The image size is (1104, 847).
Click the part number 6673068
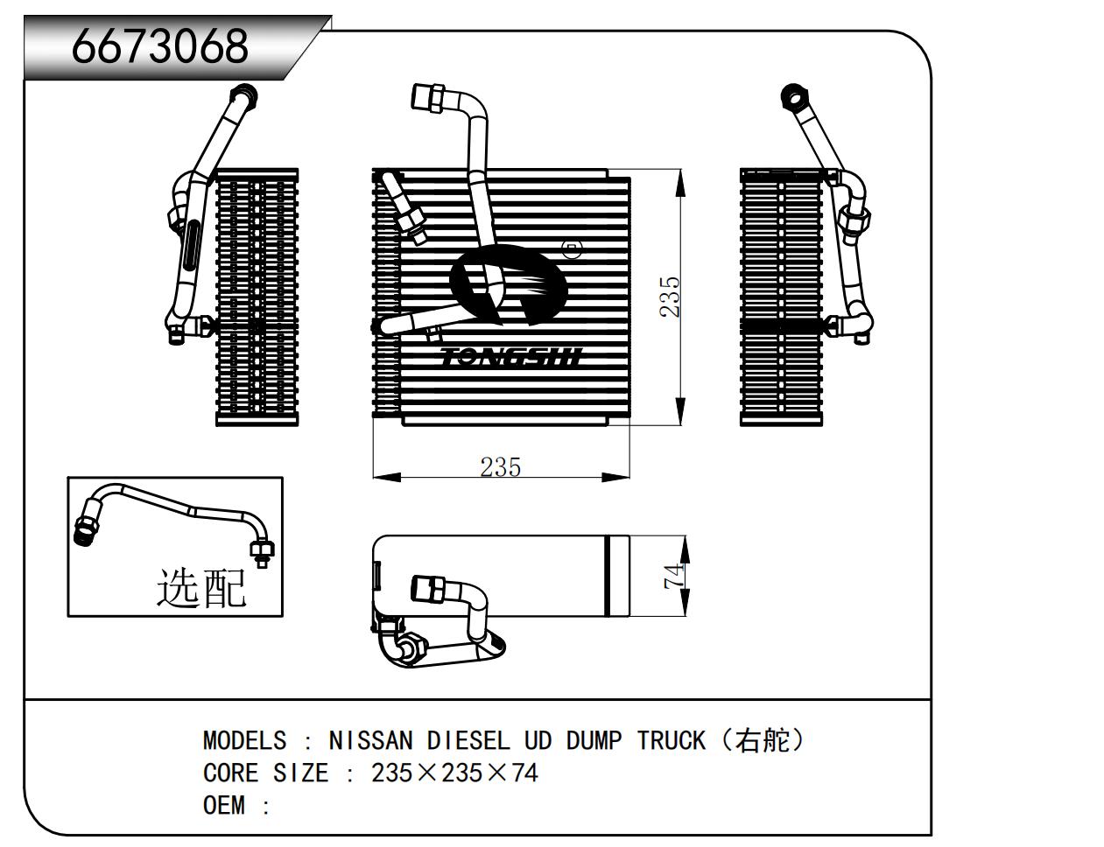coord(160,46)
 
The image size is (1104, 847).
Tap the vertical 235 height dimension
coord(670,297)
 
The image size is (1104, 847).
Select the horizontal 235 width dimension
coord(500,467)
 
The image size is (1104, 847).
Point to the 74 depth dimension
coord(674,576)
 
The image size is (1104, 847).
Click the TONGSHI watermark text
coord(510,357)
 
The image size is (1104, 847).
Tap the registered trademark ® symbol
coord(572,251)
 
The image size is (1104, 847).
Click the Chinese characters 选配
coord(201,587)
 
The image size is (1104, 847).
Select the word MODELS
coord(244,741)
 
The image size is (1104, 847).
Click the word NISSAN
coord(369,741)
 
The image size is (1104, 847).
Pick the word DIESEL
coord(468,741)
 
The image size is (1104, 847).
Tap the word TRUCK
coord(671,741)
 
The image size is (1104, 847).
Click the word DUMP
coord(594,741)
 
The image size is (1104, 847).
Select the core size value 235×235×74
coord(454,773)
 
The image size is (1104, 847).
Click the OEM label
coord(223,806)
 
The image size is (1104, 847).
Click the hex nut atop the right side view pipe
coord(792,95)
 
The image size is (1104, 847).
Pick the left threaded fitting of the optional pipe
coord(85,528)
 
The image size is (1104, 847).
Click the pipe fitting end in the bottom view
coord(426,589)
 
